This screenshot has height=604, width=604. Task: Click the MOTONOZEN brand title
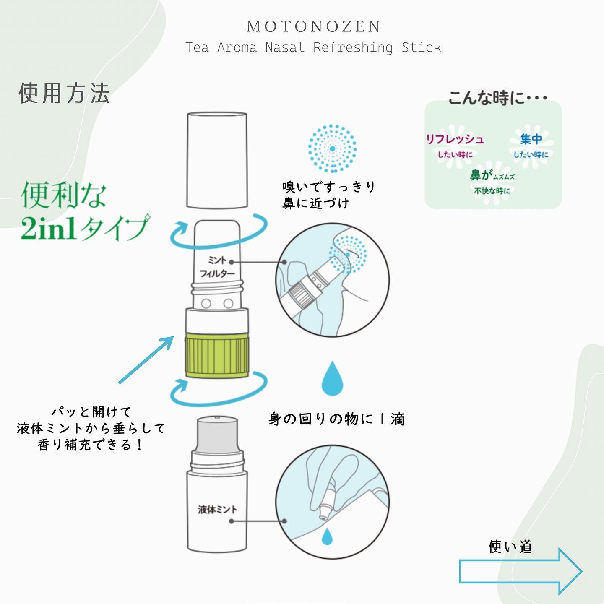[x=314, y=27]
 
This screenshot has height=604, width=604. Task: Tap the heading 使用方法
[x=64, y=93]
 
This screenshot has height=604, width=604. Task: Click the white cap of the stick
[x=216, y=160]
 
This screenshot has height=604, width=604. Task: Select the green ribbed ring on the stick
[x=216, y=355]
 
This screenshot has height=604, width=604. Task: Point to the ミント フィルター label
[x=217, y=267]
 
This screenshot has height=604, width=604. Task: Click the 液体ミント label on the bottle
[x=217, y=510]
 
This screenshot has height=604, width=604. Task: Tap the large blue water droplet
[x=332, y=380]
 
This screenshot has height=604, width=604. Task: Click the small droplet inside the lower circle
[x=327, y=536]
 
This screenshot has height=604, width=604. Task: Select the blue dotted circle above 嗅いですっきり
[x=332, y=148]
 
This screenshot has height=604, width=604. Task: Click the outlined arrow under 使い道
[x=520, y=571]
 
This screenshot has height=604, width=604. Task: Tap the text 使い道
[x=510, y=547]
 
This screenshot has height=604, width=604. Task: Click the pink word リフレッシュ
[x=455, y=139]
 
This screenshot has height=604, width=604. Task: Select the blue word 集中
[x=531, y=139]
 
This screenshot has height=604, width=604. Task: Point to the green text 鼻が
[x=481, y=175]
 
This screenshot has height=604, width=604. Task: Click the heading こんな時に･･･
[x=497, y=98]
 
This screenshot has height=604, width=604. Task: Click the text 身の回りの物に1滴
[x=336, y=419]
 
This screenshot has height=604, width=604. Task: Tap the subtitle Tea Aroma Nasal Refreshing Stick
[x=313, y=47]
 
